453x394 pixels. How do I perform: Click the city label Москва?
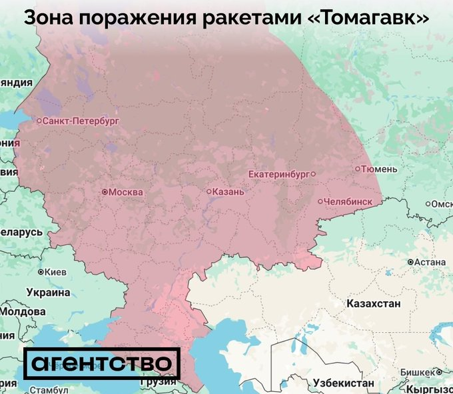tap(125, 192)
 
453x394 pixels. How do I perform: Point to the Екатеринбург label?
tap(278, 174)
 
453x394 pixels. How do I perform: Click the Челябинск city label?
tap(348, 201)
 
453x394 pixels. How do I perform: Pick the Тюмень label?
tap(380, 169)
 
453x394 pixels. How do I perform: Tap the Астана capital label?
tap(430, 262)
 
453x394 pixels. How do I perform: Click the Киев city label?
tap(56, 272)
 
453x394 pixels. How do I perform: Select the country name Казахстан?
tap(373, 304)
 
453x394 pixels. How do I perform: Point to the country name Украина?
tap(48, 292)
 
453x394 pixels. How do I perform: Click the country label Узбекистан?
tap(342, 383)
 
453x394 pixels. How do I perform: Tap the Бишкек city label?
tap(418, 372)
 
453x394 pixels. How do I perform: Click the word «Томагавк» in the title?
tap(369, 17)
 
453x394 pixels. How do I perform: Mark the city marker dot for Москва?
tap(104, 192)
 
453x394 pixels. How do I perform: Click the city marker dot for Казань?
tap(209, 192)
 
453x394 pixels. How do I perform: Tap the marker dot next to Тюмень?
tap(358, 169)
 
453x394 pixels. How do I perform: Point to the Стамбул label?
tap(30, 389)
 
